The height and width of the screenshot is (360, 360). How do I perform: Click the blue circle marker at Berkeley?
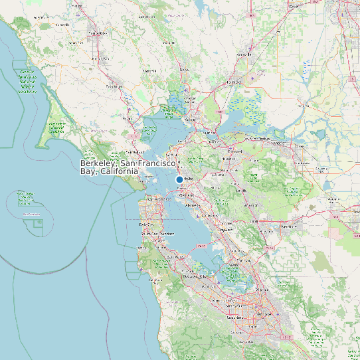[x=179, y=180]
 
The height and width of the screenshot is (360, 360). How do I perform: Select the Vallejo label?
[x=191, y=120]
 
